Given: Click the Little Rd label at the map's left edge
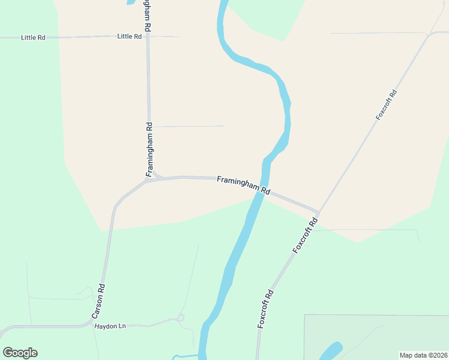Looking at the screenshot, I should click(x=33, y=37).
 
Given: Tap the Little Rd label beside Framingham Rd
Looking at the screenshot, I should click(x=130, y=36).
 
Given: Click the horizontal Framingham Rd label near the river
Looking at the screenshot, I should click(x=243, y=185).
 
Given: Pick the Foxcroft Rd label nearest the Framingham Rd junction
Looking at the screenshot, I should click(x=305, y=235).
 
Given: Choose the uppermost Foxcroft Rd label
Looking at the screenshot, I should click(x=387, y=105).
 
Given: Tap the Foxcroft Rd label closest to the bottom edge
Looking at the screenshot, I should click(x=265, y=308).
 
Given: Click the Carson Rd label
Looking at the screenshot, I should click(x=98, y=301).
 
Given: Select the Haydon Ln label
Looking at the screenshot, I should click(x=110, y=326).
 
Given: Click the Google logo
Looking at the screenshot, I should click(x=20, y=353).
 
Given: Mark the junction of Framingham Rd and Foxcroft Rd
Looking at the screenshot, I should click(x=318, y=212).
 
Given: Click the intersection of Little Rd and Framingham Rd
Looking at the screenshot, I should click(x=148, y=37).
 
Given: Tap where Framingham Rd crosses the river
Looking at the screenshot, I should click(x=264, y=192).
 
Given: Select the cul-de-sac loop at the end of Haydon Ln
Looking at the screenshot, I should click(x=181, y=317).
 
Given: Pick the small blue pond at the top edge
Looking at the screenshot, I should click(x=130, y=2).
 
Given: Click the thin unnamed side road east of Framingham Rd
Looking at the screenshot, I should click(x=189, y=126).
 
